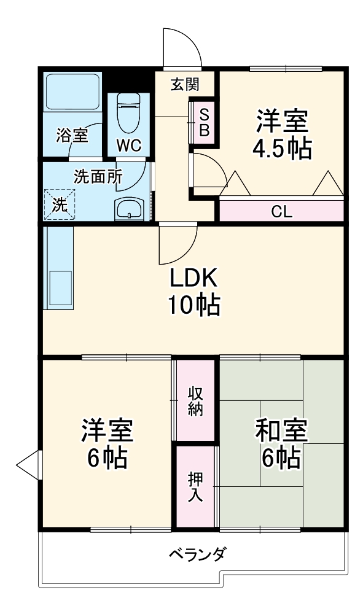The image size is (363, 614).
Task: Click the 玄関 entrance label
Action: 184,85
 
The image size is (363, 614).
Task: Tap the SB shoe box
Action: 204,122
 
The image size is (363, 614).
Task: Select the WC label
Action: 129,146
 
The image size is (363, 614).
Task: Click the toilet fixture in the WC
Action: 128,114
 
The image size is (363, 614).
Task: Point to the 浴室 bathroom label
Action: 72,135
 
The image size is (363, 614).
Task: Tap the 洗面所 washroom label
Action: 98,176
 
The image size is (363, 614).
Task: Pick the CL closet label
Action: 281,212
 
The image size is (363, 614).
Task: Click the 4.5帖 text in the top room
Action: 282,148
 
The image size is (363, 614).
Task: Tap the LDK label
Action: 194,279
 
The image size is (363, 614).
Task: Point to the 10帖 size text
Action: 195,305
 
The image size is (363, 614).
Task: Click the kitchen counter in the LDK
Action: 59,269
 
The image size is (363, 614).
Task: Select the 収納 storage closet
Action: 195,400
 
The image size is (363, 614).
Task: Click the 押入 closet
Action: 195,486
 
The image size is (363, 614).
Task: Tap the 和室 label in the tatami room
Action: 281,432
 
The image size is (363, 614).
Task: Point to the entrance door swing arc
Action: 183,47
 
